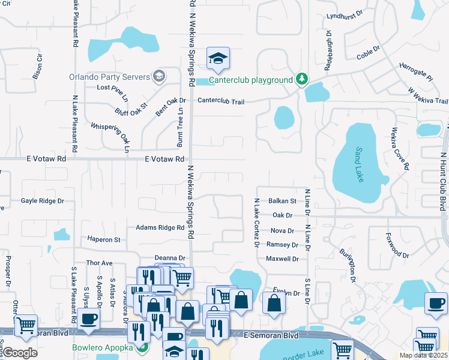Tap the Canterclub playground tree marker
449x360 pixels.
(x=303, y=79)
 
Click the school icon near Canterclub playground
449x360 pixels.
(x=218, y=58)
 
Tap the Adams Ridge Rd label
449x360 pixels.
(x=160, y=228)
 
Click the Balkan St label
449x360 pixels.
(x=283, y=201)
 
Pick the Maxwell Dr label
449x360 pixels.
(x=282, y=259)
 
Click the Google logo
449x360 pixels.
(x=20, y=353)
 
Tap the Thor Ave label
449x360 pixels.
(x=100, y=263)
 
